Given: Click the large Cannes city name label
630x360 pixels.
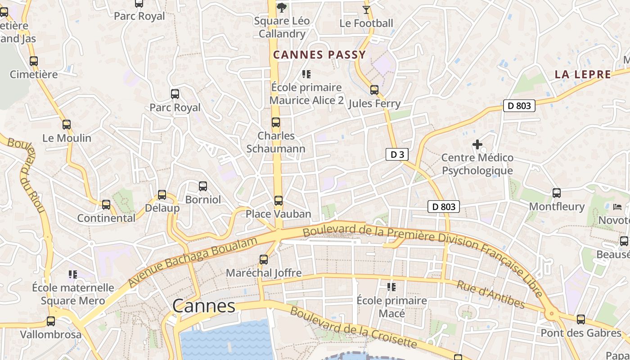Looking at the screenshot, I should point(204,306).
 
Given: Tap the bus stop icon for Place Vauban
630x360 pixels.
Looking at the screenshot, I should point(279,201).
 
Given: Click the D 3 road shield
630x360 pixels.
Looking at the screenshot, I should point(397,155).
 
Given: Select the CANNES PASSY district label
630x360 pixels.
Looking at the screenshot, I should point(319,55).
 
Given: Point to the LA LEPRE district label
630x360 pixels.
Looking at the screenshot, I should point(583,75).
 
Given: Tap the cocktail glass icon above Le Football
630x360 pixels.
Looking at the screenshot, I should point(366,9).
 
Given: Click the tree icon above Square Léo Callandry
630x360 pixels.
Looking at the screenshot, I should point(282,7).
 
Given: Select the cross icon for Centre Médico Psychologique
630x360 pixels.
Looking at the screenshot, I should point(477,144).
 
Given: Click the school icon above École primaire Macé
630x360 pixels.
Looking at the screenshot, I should point(391,287).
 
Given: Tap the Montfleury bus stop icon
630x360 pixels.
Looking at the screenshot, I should point(557,193).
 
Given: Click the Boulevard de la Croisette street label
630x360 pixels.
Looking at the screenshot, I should point(353,327).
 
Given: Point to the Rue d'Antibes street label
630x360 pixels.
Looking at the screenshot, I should point(490,295).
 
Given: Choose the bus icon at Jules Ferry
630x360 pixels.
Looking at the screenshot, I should point(374,90).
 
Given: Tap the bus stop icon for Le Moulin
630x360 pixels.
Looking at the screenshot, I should point(67,125).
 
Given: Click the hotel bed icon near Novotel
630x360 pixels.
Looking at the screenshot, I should point(617,207).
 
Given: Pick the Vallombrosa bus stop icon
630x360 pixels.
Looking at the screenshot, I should point(51,321).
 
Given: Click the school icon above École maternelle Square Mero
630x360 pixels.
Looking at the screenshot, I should point(73,274).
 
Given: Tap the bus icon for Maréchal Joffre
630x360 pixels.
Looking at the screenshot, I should point(264,260).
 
